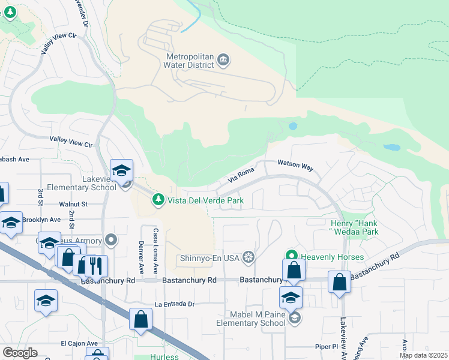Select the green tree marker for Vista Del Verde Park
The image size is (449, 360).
click(158, 199)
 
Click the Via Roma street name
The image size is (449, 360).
click(241, 176)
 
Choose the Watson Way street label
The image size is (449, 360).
click(295, 165)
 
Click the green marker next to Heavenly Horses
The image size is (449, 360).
click(292, 256)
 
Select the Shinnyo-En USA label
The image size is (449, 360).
click(210, 259)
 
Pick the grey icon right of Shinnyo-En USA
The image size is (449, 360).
click(247, 259)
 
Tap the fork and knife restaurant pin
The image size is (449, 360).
click(96, 265)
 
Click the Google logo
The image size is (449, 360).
click(20, 352)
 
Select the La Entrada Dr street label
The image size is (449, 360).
click(175, 304)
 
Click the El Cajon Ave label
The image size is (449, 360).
click(79, 343)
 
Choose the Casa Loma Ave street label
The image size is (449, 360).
click(155, 250)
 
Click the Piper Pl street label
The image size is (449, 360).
click(328, 346)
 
